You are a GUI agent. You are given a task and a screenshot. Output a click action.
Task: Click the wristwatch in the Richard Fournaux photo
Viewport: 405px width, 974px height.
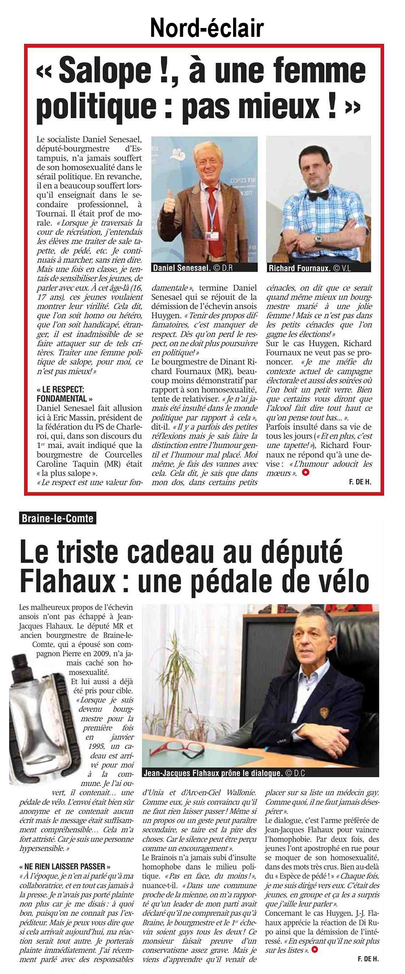click(318, 240)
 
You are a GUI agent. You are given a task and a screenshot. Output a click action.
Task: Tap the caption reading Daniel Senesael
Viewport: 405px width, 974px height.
click(181, 268)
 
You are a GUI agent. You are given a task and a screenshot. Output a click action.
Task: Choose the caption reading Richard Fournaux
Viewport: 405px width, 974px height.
click(298, 268)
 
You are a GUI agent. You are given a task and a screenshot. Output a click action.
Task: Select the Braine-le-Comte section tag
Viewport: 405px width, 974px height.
click(58, 518)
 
